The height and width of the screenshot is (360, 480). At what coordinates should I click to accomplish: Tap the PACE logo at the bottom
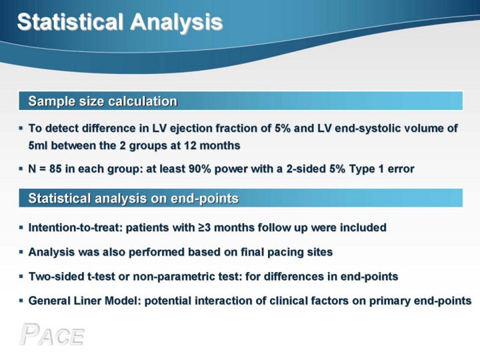tap(52, 335)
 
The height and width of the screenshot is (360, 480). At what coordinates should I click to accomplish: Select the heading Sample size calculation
tap(103, 101)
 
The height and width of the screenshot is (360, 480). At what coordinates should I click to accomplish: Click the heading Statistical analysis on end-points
tap(133, 199)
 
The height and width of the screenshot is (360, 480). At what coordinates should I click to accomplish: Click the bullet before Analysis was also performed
tap(21, 252)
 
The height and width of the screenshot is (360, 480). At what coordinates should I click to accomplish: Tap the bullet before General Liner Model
tap(21, 301)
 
